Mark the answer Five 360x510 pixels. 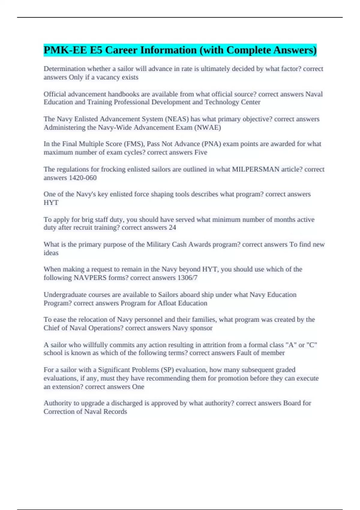201,152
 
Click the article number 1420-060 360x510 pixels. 83,178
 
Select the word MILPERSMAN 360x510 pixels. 256,169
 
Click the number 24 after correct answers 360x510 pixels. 172,228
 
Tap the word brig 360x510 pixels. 87,220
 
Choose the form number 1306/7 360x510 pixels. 187,278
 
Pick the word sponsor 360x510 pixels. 201,328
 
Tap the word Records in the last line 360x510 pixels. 115,412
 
